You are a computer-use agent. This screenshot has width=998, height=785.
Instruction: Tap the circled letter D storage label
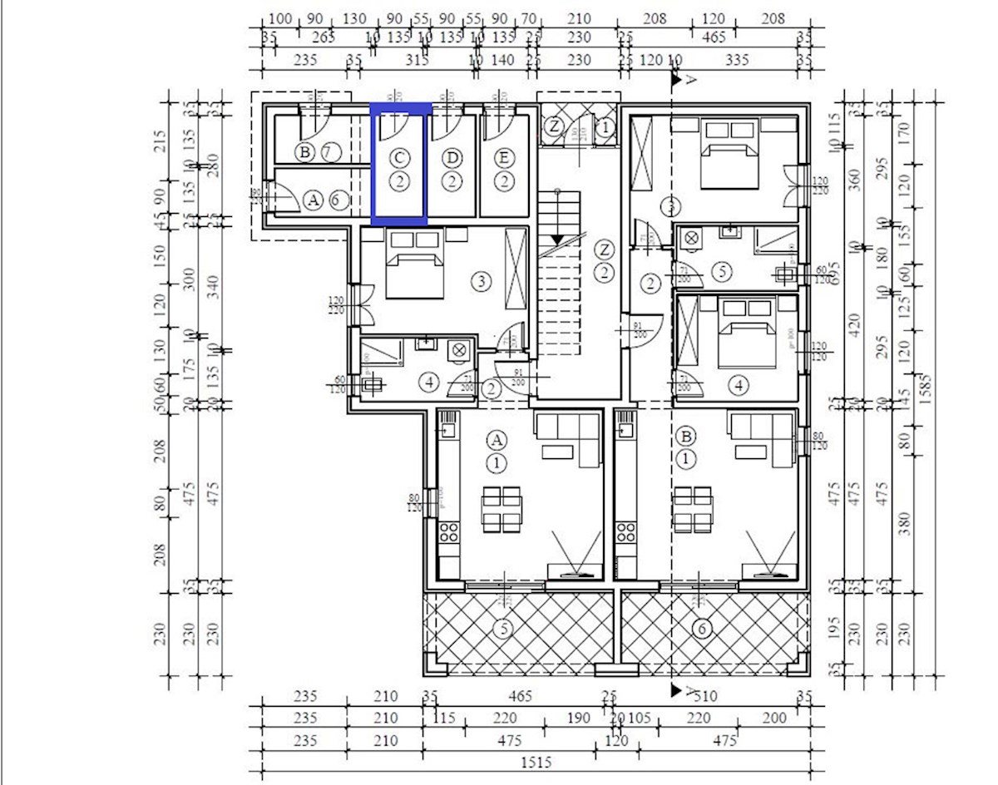(452, 157)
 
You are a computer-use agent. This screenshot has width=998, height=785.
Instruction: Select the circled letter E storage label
(504, 157)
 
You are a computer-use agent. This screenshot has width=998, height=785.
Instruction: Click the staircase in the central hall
(562, 274)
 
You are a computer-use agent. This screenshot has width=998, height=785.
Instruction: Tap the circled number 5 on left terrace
(501, 629)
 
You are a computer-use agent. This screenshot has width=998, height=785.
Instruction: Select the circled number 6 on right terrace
(701, 629)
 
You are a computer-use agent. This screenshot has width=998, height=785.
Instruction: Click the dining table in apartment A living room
(501, 509)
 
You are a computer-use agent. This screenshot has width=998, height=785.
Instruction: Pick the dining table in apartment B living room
(693, 509)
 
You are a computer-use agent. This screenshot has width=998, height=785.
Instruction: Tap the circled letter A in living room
(497, 438)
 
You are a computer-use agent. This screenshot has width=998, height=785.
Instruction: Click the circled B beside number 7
(304, 151)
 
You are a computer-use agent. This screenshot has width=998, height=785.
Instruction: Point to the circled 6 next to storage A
(337, 200)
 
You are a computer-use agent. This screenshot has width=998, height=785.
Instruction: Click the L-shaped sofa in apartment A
(570, 439)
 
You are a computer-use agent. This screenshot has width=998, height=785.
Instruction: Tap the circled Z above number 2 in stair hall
(605, 249)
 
